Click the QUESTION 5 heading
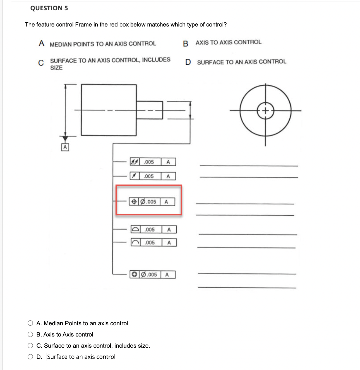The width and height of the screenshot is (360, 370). (x=49, y=8)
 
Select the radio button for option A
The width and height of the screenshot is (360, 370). (x=30, y=323)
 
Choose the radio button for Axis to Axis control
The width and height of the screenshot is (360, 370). (x=30, y=334)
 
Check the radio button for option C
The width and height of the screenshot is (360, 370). (x=30, y=345)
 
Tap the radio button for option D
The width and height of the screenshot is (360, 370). (x=30, y=357)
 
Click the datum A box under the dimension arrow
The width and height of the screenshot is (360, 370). (x=65, y=147)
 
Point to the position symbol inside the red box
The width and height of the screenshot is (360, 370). (x=134, y=201)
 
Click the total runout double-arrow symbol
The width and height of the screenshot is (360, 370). (x=135, y=162)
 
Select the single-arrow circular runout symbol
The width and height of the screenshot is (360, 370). (x=135, y=176)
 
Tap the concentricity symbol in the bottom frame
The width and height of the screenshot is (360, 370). (x=135, y=275)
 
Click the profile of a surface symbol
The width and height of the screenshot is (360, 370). (x=135, y=230)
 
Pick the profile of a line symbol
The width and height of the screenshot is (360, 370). (x=135, y=242)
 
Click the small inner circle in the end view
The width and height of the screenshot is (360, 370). (x=265, y=111)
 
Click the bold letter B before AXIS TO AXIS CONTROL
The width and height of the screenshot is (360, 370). (x=186, y=44)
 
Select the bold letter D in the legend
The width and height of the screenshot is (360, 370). (x=188, y=62)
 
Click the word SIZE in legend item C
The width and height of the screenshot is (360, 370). (x=56, y=68)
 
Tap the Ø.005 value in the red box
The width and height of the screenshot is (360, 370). (x=149, y=201)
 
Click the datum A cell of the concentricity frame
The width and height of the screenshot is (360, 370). (x=167, y=275)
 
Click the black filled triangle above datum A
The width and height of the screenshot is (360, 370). (x=65, y=138)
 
